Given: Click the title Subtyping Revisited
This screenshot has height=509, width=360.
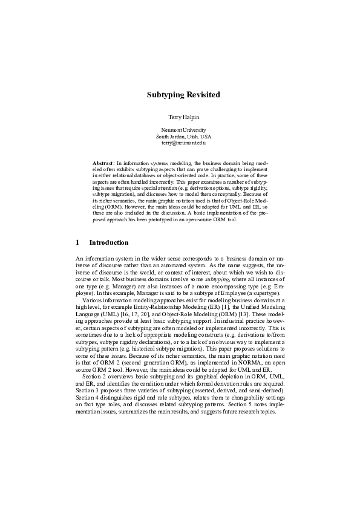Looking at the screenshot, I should pos(183,95).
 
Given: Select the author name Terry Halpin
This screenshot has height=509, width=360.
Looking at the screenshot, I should pos(183,115).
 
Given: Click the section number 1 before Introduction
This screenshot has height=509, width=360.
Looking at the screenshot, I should pos(77,243).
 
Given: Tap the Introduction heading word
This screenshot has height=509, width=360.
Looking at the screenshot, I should pos(109,243).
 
